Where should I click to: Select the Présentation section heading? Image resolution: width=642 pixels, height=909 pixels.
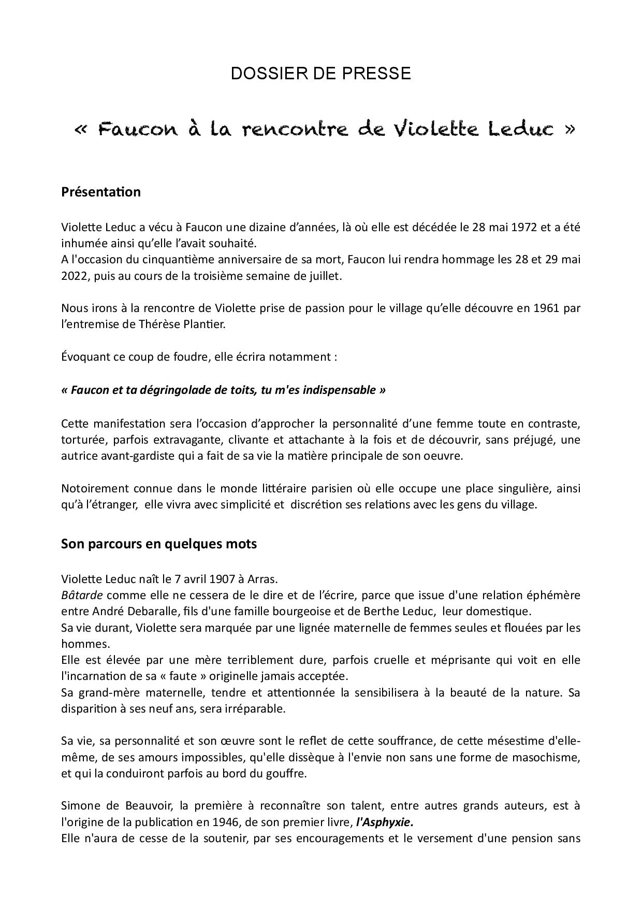101,192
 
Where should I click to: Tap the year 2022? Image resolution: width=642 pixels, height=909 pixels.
76,276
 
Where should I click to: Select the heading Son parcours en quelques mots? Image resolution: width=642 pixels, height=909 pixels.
159,544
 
